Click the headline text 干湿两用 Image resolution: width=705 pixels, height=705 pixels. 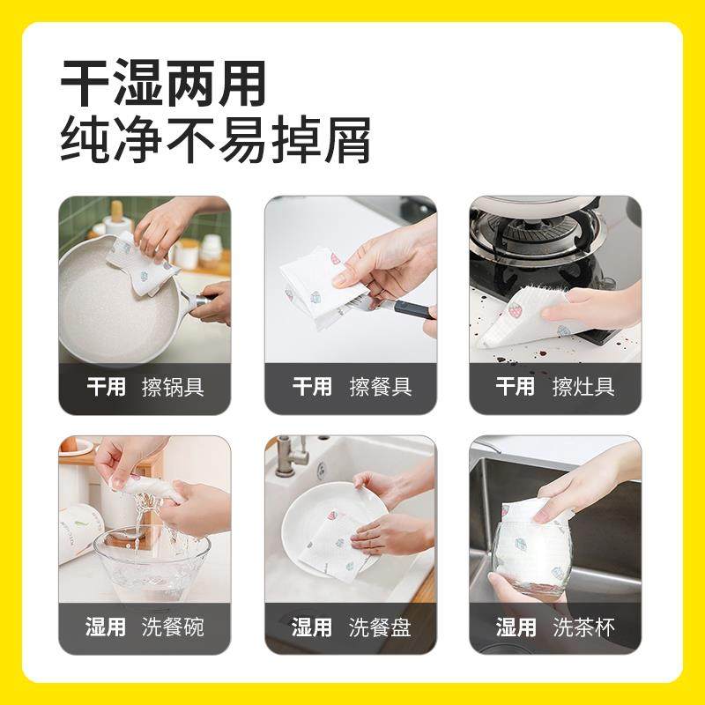click(163, 85)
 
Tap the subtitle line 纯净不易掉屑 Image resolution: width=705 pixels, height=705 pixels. click(215, 141)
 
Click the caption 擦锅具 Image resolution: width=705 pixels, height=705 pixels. click(174, 388)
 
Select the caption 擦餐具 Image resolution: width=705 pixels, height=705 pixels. click(381, 388)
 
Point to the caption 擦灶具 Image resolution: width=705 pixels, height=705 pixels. click(583, 388)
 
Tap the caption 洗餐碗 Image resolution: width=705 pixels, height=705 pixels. click(174, 627)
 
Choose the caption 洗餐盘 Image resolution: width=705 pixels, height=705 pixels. click(381, 627)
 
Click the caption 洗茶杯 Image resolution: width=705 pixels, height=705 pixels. click(583, 627)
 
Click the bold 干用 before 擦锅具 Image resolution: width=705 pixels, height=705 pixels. click(106, 388)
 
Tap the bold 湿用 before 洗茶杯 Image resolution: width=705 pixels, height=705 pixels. click(516, 627)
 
